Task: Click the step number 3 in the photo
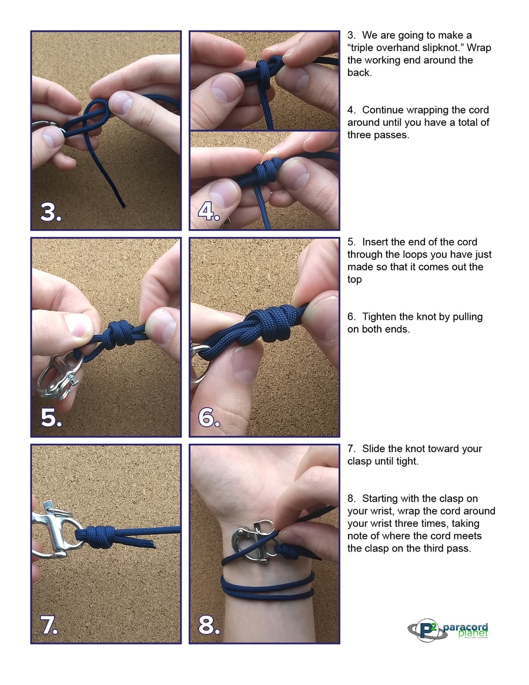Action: click(51, 212)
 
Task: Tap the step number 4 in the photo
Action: click(209, 212)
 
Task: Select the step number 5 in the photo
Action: click(51, 417)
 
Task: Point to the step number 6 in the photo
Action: click(209, 417)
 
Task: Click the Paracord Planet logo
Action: click(448, 630)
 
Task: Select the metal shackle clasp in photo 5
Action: click(59, 376)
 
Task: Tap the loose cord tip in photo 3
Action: click(123, 205)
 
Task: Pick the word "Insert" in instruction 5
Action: click(376, 242)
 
